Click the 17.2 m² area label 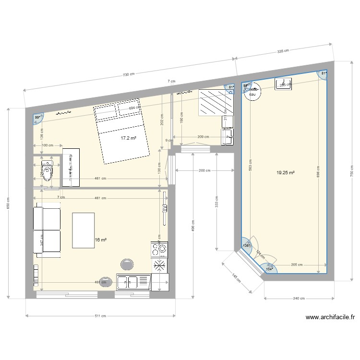tap(128, 138)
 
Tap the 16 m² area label tap(100, 240)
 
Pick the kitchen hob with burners tap(160, 249)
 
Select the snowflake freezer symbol tap(160, 265)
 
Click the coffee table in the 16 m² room tap(83, 230)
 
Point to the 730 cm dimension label tap(128, 74)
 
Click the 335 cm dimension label tap(283, 50)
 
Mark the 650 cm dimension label tap(8, 202)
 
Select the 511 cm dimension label tap(100, 316)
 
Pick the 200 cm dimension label tap(204, 170)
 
